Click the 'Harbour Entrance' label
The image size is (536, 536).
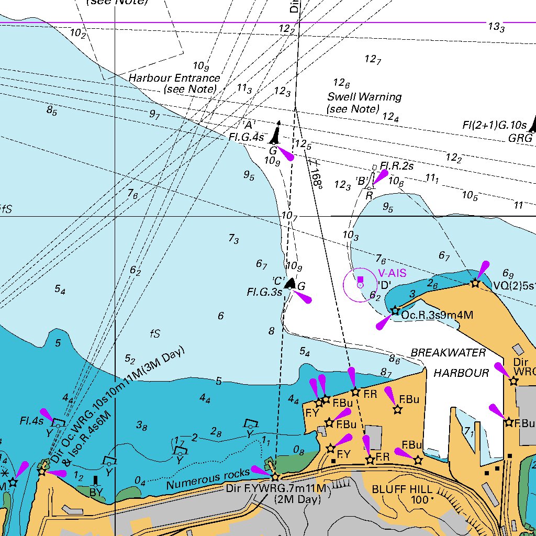(x=174, y=78)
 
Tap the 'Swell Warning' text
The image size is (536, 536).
(x=364, y=97)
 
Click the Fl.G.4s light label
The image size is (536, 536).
(x=246, y=137)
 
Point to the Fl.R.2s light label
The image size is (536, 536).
(x=397, y=166)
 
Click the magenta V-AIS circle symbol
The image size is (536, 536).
(x=360, y=285)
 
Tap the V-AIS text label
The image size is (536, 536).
(x=392, y=273)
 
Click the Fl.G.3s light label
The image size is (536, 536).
(x=264, y=292)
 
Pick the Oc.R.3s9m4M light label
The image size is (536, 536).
(x=437, y=315)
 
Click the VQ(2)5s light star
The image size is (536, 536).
(x=475, y=283)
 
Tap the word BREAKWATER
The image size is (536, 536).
(x=448, y=353)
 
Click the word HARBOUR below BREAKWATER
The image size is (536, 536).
(x=461, y=373)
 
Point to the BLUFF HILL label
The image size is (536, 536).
(x=402, y=489)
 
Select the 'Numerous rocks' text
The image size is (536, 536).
(x=208, y=479)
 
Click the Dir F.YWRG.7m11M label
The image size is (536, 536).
(x=276, y=488)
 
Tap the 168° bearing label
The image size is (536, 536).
(x=316, y=177)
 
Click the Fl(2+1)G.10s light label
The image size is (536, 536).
(x=494, y=125)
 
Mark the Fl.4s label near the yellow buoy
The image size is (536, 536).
(x=31, y=420)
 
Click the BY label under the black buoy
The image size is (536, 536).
(x=96, y=493)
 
